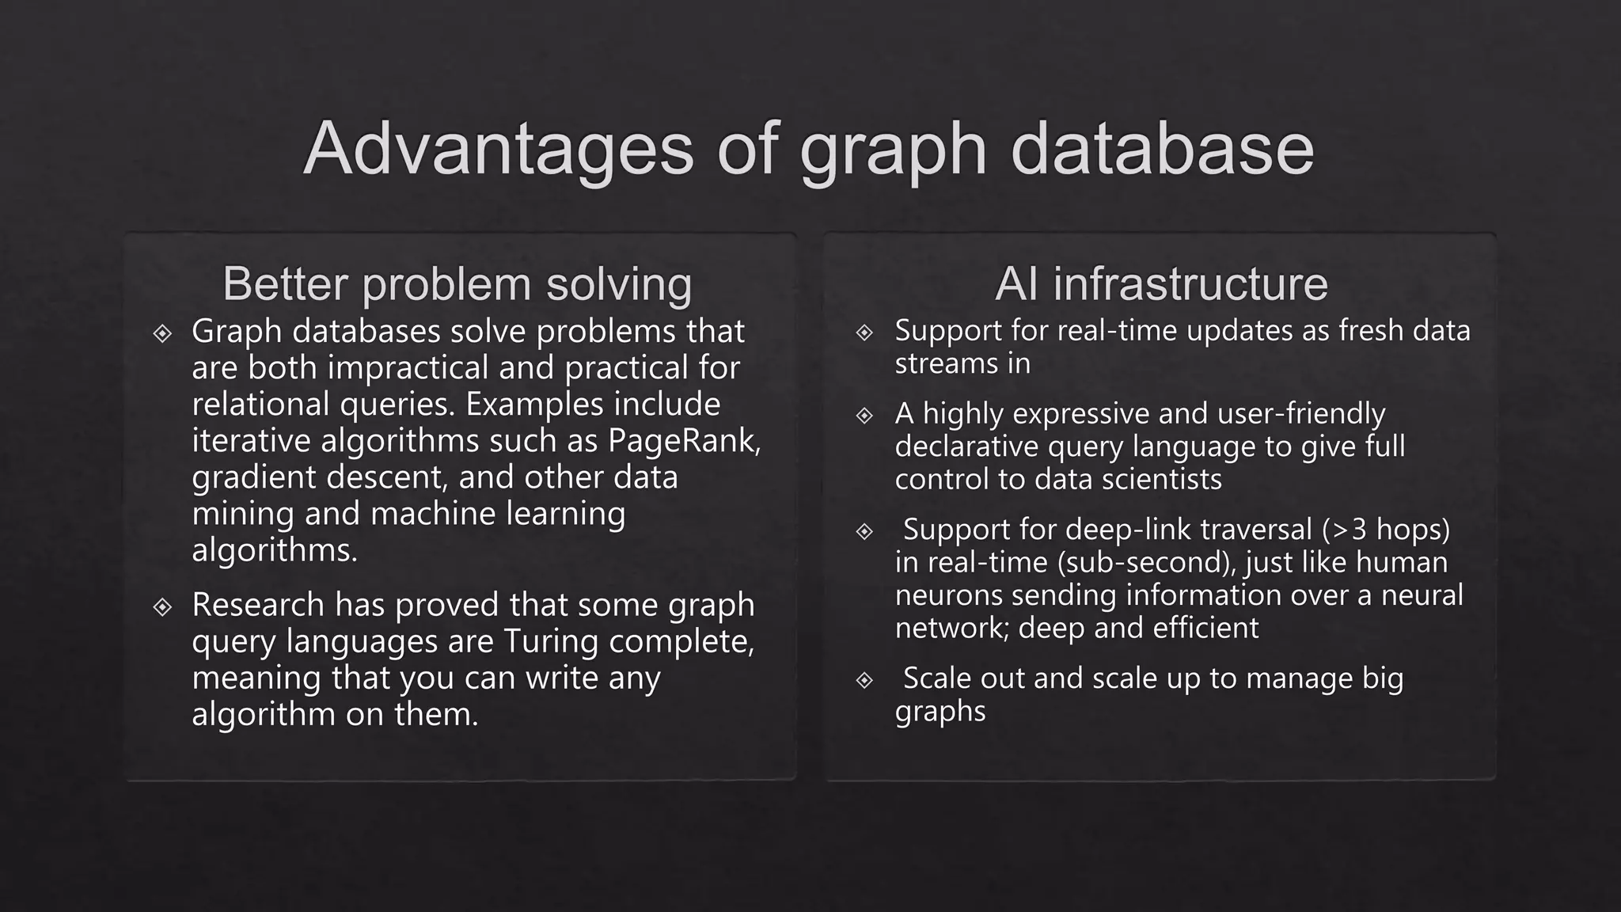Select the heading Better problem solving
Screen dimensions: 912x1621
tap(457, 283)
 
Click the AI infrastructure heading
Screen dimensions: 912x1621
tap(1161, 283)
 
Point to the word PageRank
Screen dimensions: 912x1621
tap(683, 441)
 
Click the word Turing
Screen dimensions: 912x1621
tap(552, 641)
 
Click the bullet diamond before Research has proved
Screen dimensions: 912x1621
tap(163, 606)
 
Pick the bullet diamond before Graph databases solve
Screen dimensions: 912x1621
tap(163, 333)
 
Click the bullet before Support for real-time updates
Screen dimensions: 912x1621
tap(864, 332)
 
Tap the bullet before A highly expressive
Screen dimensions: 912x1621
tap(864, 416)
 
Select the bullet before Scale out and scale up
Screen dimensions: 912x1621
tap(864, 680)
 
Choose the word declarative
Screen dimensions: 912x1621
tap(967, 446)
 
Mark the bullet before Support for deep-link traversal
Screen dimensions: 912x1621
tap(864, 531)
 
